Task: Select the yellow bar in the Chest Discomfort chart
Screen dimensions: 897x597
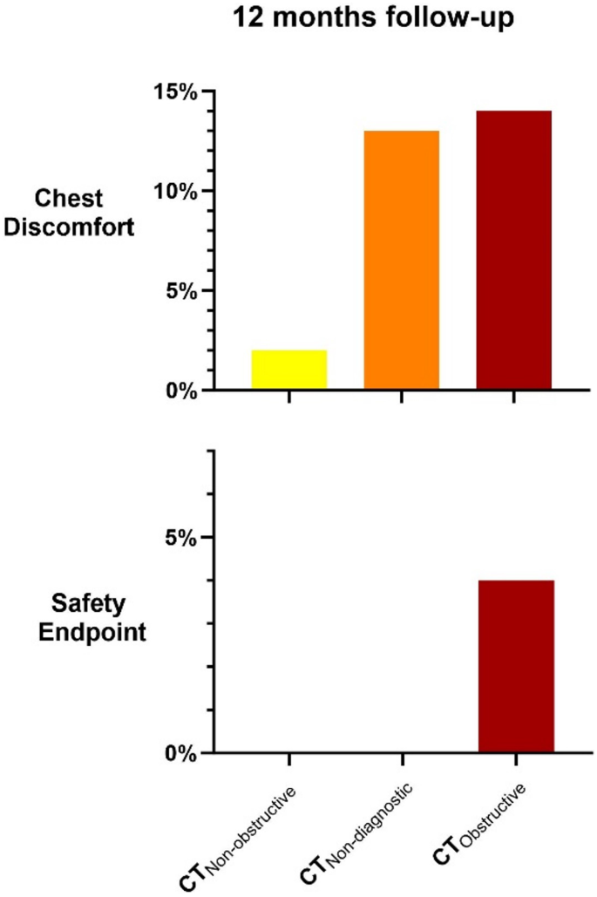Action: point(289,370)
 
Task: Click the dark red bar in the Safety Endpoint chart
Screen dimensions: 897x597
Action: point(516,666)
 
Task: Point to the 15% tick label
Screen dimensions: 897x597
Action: point(172,92)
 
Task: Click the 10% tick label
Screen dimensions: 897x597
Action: point(172,191)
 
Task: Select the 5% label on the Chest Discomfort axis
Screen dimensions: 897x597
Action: point(178,290)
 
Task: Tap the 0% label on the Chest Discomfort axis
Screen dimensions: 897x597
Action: point(178,390)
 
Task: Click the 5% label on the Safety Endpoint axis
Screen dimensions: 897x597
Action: point(178,537)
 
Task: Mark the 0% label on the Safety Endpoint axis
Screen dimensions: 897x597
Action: point(178,752)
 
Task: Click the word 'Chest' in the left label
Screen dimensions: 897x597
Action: point(76,199)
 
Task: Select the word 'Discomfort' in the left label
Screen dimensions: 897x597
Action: point(76,229)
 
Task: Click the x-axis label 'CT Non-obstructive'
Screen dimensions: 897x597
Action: point(240,839)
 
